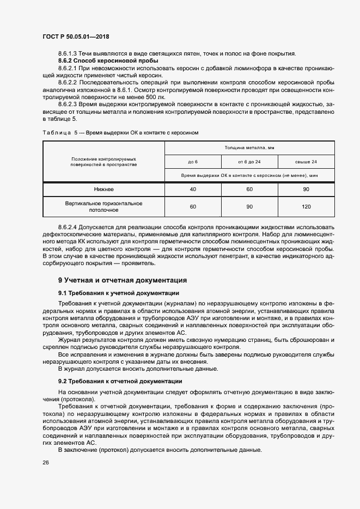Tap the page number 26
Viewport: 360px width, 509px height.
pyautogui.click(x=45, y=462)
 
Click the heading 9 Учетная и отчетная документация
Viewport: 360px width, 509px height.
pyautogui.click(x=123, y=280)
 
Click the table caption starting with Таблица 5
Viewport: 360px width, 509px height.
pyautogui.click(x=120, y=132)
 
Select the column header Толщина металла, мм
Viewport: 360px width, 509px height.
pyautogui.click(x=249, y=148)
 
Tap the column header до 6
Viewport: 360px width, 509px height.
pyautogui.click(x=193, y=162)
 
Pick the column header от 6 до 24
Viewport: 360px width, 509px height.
pyautogui.click(x=249, y=162)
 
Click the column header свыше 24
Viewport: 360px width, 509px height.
pyautogui.click(x=306, y=162)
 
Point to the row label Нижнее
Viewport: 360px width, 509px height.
pyautogui.click(x=103, y=189)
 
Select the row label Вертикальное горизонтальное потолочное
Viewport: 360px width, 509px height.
pyautogui.click(x=103, y=206)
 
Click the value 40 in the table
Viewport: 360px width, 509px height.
pyautogui.click(x=193, y=189)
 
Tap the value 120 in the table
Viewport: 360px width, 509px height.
pyautogui.click(x=306, y=207)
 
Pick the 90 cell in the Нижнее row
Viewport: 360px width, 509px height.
pyautogui.click(x=306, y=189)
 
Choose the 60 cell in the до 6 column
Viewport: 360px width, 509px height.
pyautogui.click(x=193, y=207)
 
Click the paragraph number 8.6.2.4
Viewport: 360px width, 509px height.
pyautogui.click(x=68, y=226)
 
